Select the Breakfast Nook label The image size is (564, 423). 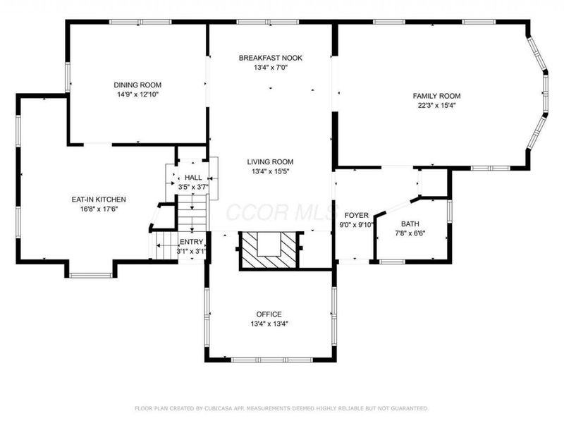coord(271,58)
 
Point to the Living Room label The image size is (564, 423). coord(271,161)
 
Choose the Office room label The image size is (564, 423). coord(269,314)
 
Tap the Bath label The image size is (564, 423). coord(410,223)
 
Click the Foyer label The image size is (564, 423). coord(356,215)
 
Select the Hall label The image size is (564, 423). coord(193,178)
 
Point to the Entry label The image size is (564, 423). coord(190,241)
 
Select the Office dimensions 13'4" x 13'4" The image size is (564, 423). coord(269,324)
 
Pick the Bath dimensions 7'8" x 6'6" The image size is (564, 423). coord(410,233)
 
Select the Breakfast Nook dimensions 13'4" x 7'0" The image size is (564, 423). coord(271,68)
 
